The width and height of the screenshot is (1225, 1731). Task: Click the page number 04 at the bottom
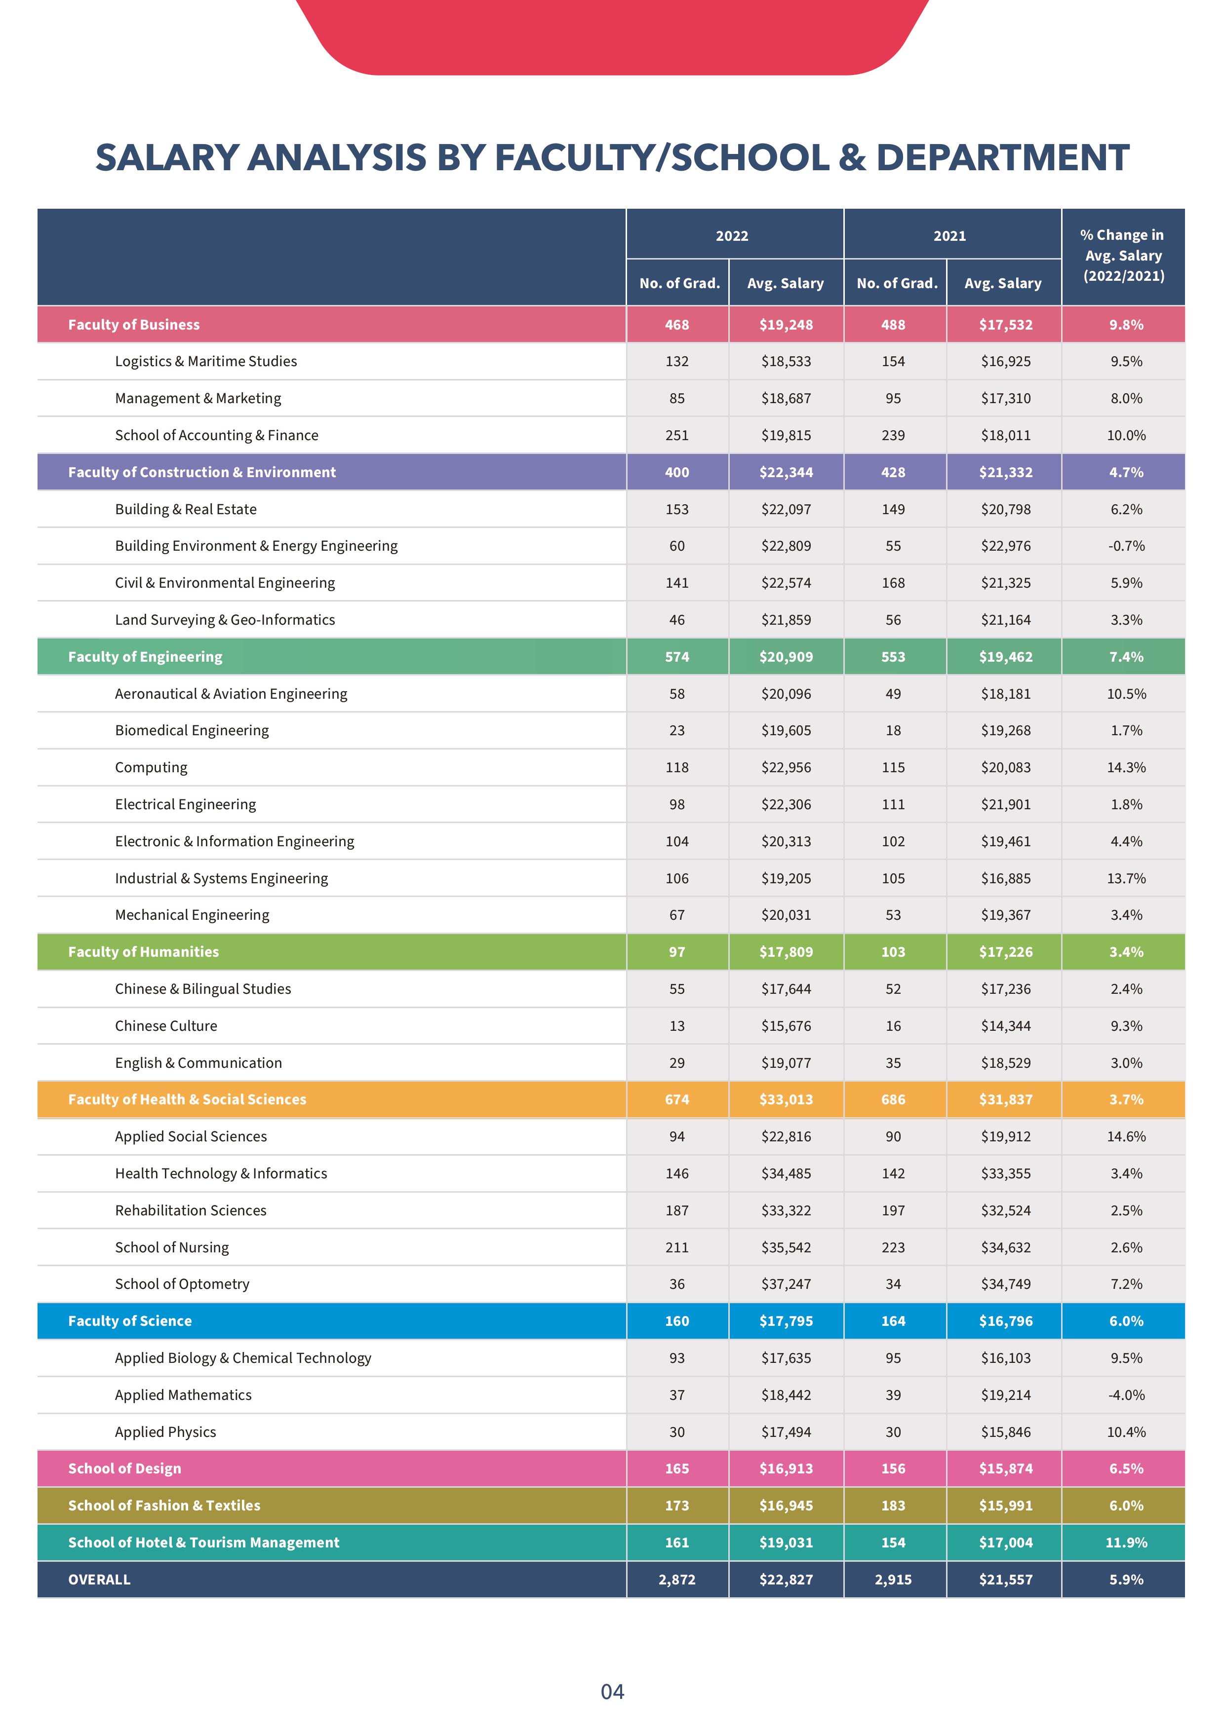(x=612, y=1692)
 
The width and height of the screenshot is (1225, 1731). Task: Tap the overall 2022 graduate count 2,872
(x=676, y=1580)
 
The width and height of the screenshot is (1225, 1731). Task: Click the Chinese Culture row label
(x=166, y=1026)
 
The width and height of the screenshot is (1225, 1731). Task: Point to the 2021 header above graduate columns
(x=949, y=236)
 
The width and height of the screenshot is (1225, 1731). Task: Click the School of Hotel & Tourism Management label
(x=203, y=1543)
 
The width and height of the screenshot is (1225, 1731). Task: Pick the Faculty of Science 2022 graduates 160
(x=676, y=1321)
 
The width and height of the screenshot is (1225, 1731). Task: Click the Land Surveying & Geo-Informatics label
(x=225, y=620)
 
